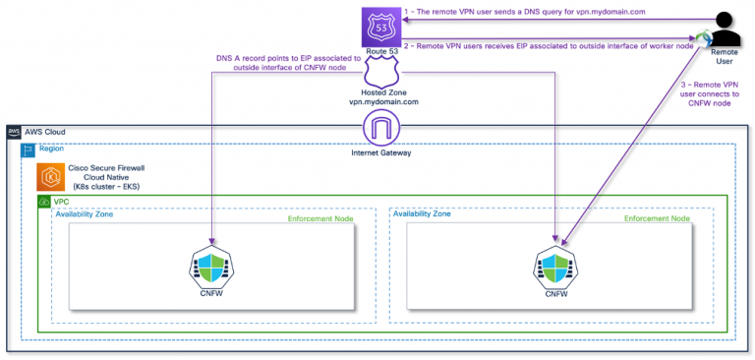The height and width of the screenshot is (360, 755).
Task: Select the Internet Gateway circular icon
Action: (378, 128)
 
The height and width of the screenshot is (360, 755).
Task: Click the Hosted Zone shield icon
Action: (378, 73)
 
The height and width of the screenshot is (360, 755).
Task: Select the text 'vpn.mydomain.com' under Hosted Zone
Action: (378, 102)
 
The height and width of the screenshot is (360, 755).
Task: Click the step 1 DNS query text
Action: (526, 12)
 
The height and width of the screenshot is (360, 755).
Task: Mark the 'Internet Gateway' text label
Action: (378, 152)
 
